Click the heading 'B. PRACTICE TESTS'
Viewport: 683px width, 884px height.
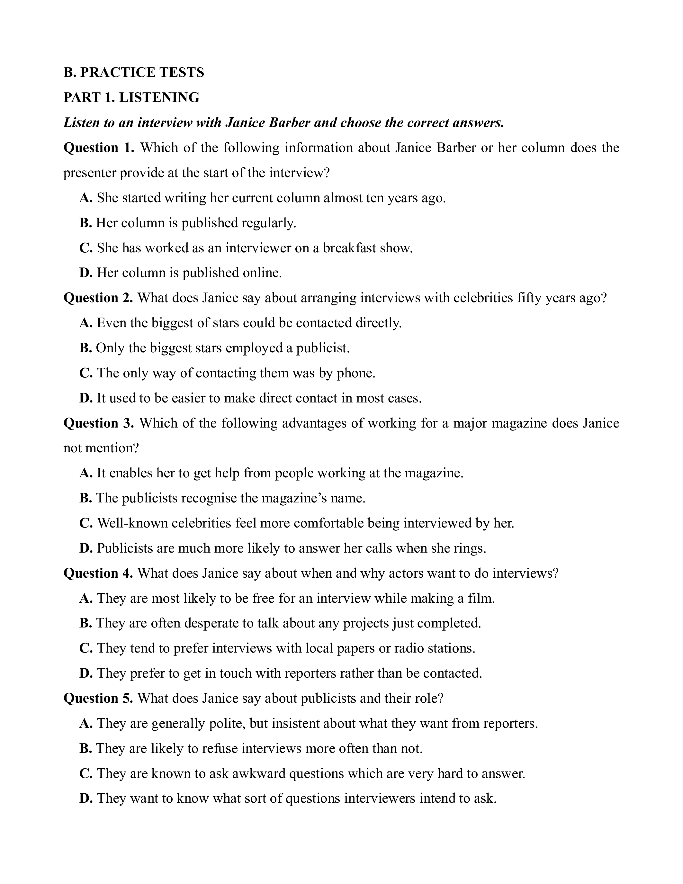click(133, 72)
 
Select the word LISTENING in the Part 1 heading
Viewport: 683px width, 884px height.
click(159, 97)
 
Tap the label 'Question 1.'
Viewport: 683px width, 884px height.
click(99, 148)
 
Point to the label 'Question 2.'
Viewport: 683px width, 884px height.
click(98, 298)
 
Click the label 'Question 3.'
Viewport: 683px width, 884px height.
click(99, 423)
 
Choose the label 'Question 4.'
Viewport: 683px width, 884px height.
click(98, 573)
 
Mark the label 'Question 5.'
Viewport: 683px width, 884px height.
click(98, 699)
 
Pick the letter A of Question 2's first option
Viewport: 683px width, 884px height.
click(86, 323)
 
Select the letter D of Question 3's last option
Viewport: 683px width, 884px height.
click(86, 548)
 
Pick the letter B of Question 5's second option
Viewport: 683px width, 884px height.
click(85, 749)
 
